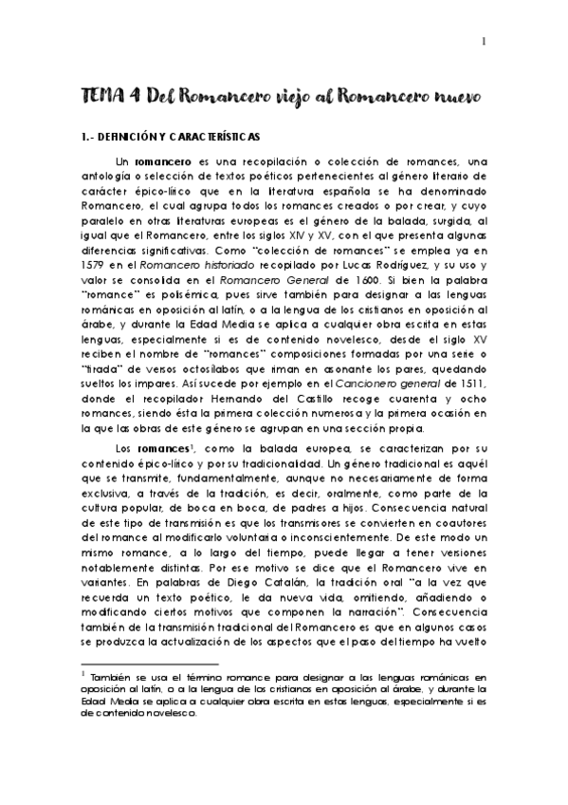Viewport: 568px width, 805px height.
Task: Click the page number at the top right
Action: [485, 41]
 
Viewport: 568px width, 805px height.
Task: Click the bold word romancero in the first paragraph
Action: [157, 161]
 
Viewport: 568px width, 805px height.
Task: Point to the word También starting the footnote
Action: [114, 677]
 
